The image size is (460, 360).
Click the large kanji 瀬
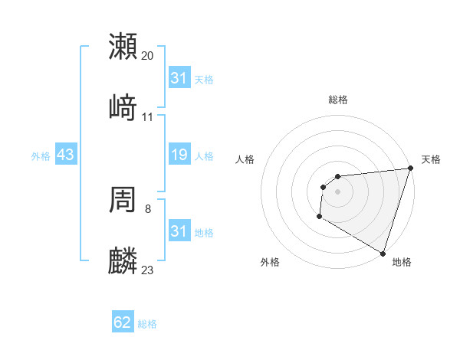[x=123, y=47]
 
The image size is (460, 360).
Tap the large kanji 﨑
[x=123, y=108]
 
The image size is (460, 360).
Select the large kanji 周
[x=123, y=200]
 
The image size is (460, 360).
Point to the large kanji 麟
[x=123, y=261]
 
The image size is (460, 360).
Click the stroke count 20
[x=148, y=55]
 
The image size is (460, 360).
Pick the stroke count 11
[x=148, y=116]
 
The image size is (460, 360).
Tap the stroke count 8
[x=148, y=208]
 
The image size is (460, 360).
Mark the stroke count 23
[x=148, y=270]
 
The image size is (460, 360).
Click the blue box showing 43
[x=66, y=155]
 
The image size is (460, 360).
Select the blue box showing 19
[x=179, y=155]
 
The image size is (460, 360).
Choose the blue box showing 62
[x=123, y=322]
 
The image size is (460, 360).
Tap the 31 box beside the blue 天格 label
[x=179, y=78]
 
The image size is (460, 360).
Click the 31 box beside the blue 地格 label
[x=179, y=231]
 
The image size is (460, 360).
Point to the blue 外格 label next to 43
[x=41, y=155]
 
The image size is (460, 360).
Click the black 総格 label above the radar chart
[x=338, y=100]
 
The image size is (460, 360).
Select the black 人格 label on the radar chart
[x=245, y=159]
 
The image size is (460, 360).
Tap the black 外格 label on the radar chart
[x=270, y=262]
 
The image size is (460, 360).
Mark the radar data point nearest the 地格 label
[x=382, y=252]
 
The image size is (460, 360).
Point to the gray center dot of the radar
[x=338, y=191]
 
